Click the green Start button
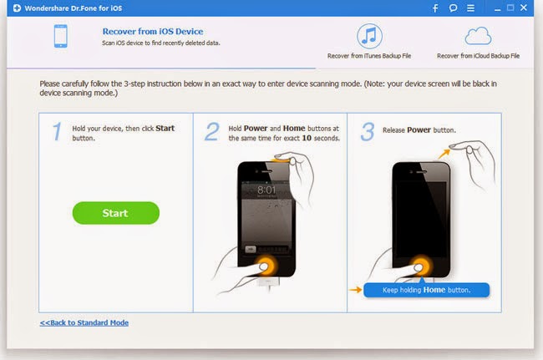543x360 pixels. [115, 213]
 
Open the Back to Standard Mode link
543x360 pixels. [84, 322]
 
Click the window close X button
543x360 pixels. [524, 8]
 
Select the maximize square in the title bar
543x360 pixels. [510, 8]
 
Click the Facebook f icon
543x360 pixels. [435, 8]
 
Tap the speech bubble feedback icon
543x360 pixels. [453, 8]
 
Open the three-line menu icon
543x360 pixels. [470, 8]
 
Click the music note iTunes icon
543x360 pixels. [369, 36]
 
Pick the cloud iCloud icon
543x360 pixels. [478, 36]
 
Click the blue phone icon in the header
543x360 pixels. [61, 36]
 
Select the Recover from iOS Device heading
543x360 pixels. [153, 32]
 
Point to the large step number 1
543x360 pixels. [57, 131]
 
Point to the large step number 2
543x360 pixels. [212, 131]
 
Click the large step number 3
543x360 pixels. [368, 131]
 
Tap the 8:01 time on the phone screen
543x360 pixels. [266, 190]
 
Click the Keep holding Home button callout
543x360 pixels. [427, 290]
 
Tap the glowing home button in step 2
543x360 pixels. [266, 266]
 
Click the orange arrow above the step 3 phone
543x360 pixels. [444, 154]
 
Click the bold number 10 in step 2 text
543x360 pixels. [307, 138]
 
